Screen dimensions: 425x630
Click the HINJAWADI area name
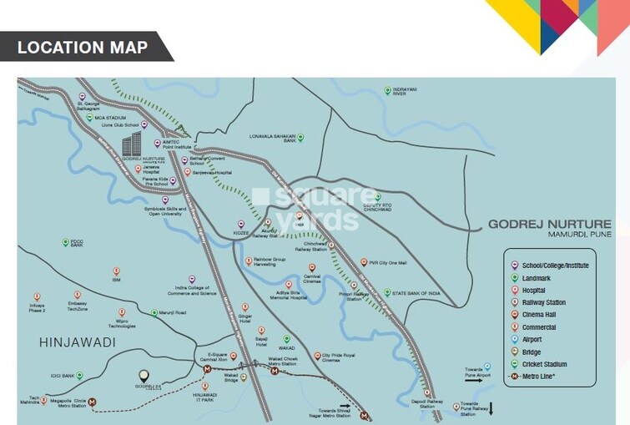tap(76, 343)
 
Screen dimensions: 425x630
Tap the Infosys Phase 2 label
tap(38, 306)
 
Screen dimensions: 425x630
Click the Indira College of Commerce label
tap(191, 290)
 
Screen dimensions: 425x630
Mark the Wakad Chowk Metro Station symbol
tap(275, 371)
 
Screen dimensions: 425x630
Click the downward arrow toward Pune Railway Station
tap(491, 408)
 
